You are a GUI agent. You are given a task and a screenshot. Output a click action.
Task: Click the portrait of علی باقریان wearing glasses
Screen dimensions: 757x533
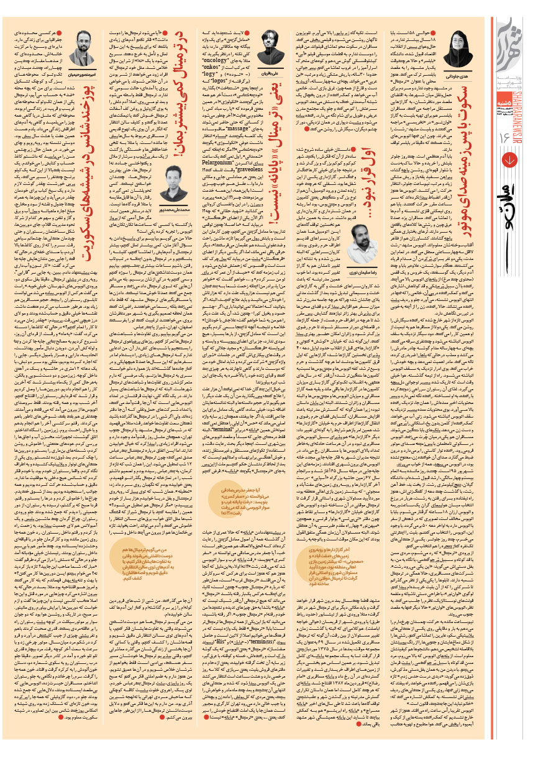click(271, 42)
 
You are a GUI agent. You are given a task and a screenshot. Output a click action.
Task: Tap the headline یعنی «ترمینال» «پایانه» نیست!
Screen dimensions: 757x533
click(271, 125)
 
